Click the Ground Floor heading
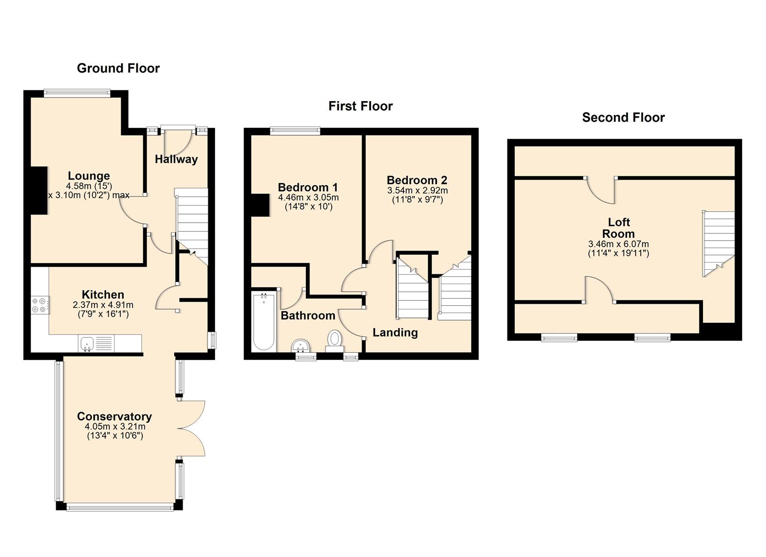[x=118, y=68]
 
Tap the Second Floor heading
[x=623, y=118]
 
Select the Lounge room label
[x=89, y=176]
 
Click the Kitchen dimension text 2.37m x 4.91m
[x=103, y=305]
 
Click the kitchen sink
[x=87, y=343]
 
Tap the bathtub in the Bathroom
[x=264, y=322]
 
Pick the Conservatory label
[x=115, y=416]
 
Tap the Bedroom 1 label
[x=307, y=187]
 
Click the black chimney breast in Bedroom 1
[x=260, y=205]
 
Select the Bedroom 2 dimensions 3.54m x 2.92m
[x=417, y=190]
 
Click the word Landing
[x=395, y=332]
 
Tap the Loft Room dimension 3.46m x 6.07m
[x=618, y=244]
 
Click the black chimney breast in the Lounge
[x=39, y=189]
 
